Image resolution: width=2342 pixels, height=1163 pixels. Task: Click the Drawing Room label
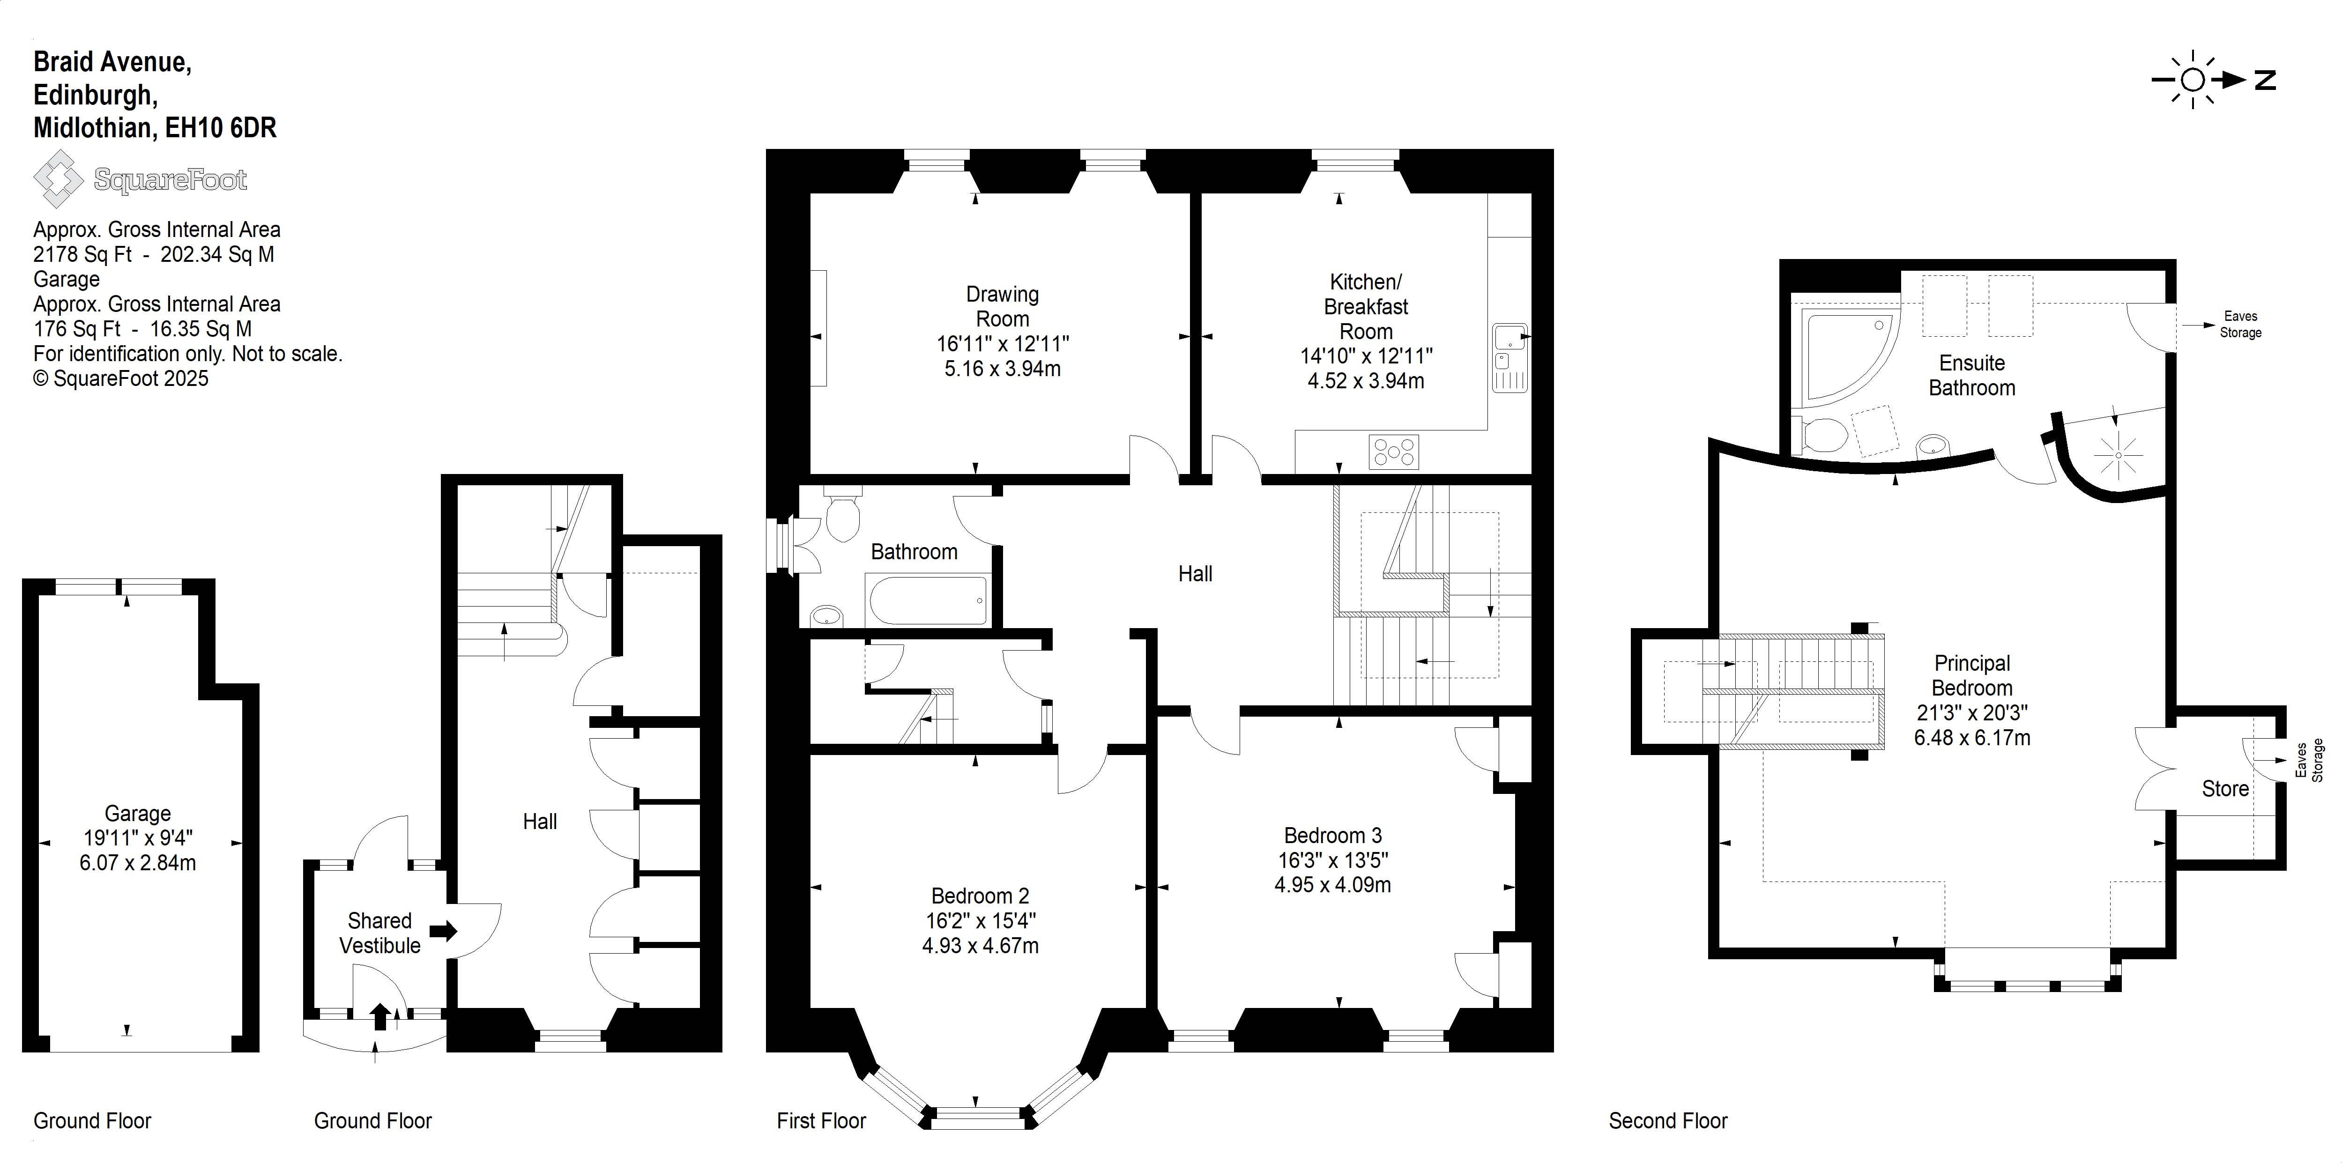click(1002, 306)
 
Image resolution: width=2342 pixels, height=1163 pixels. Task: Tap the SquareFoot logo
click(141, 179)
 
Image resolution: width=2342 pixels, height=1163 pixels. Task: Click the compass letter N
click(2265, 80)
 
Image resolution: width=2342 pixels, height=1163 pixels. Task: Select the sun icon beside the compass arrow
click(2192, 80)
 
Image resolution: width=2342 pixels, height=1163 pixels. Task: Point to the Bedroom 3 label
click(1333, 835)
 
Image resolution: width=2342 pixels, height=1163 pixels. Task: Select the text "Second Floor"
click(1668, 1120)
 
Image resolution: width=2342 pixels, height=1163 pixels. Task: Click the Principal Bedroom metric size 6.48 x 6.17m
click(1972, 737)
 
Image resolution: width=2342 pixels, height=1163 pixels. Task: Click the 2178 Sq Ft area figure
click(83, 255)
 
